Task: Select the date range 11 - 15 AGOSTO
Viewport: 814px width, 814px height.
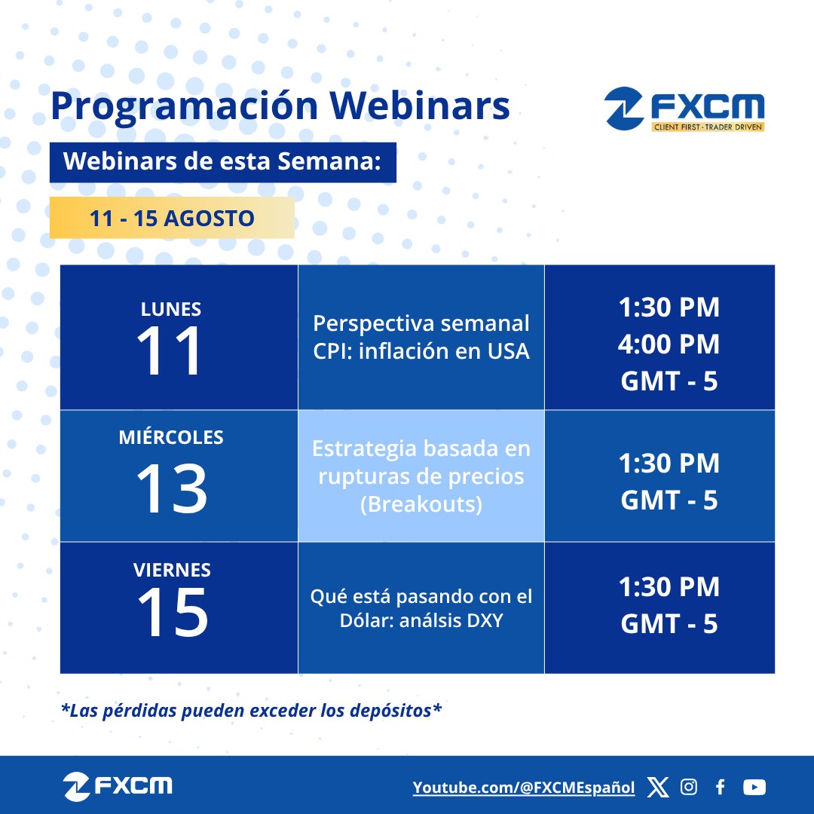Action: pyautogui.click(x=172, y=219)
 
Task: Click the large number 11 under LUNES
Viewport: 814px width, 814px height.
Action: pyautogui.click(x=170, y=351)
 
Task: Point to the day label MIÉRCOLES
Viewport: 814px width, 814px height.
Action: pyautogui.click(x=171, y=438)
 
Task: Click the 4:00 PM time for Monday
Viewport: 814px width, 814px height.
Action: pyautogui.click(x=669, y=344)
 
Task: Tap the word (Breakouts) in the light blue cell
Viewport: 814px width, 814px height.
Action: pyautogui.click(x=421, y=503)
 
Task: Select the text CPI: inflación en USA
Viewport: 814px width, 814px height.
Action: pyautogui.click(x=421, y=351)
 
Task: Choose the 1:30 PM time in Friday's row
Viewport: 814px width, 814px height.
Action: pyautogui.click(x=669, y=587)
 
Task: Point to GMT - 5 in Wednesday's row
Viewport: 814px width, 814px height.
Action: pyautogui.click(x=669, y=500)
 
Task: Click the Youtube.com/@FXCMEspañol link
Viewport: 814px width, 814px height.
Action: pyautogui.click(x=524, y=788)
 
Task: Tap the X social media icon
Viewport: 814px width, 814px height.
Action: pyautogui.click(x=658, y=788)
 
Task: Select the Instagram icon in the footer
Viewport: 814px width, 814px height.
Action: pyautogui.click(x=689, y=788)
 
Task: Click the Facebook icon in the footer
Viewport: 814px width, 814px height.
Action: pyautogui.click(x=721, y=788)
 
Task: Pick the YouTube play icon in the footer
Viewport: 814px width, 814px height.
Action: pyautogui.click(x=754, y=788)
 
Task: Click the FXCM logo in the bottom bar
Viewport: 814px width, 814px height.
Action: pyautogui.click(x=118, y=787)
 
